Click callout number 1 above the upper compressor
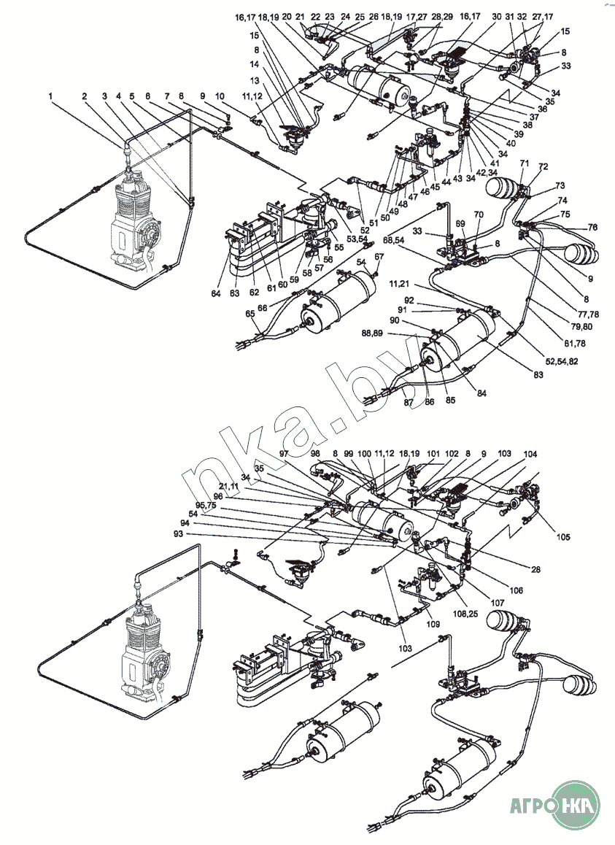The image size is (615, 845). pos(50,96)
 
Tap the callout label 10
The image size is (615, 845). pos(220,96)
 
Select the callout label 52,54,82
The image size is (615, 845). pos(562,361)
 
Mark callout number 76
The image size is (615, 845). pos(592,228)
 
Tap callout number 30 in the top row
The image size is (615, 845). pos(496,18)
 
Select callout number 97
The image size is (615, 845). pos(284,455)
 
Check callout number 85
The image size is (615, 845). pos(451,400)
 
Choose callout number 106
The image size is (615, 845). pos(516,590)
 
